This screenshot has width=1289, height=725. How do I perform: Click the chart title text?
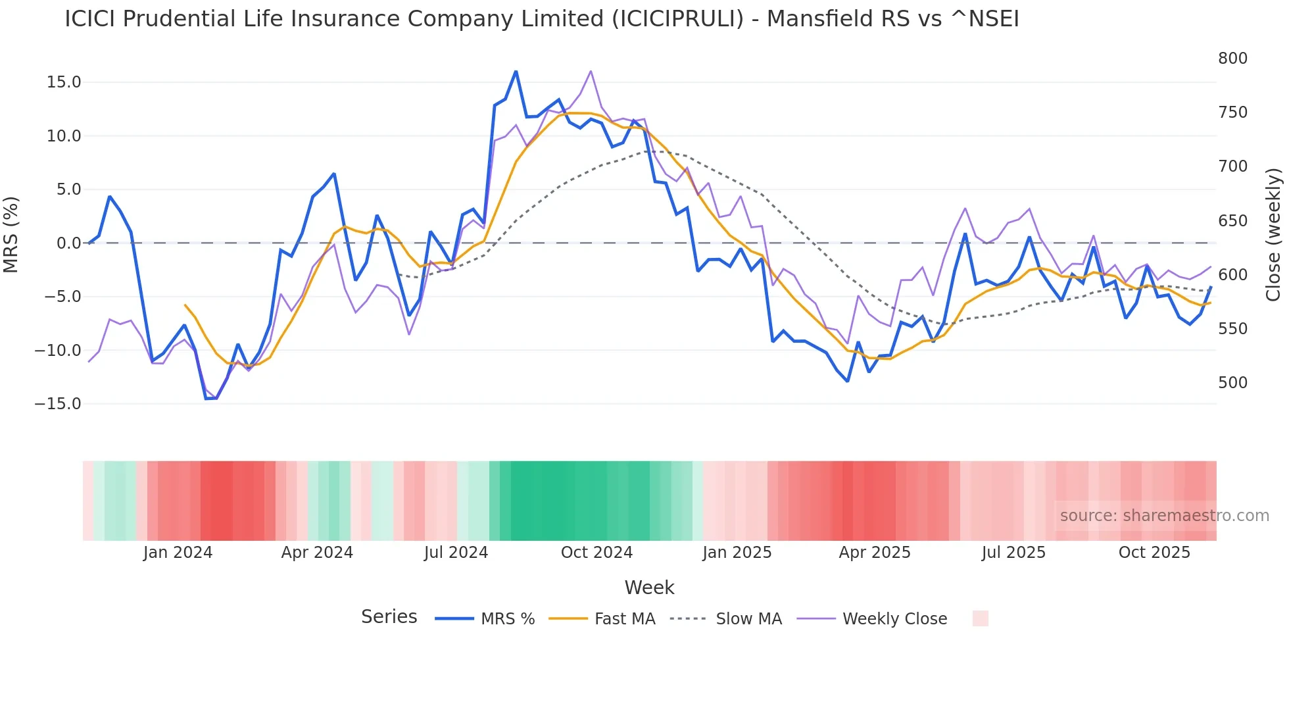(541, 19)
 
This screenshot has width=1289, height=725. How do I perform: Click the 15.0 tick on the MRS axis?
(64, 82)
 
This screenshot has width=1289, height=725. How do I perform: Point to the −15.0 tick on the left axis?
(58, 404)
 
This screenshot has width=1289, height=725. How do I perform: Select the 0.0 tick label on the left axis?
(69, 243)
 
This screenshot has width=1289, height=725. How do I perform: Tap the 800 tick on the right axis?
(1232, 59)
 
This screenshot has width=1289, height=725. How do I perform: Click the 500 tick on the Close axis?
(1232, 383)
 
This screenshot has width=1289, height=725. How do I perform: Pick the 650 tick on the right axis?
(1232, 221)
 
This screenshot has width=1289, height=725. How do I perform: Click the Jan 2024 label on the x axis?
(178, 553)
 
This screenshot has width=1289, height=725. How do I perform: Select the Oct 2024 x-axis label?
(596, 553)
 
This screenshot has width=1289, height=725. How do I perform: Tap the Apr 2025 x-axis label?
(875, 553)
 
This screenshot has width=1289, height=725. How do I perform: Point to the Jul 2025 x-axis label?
(1013, 553)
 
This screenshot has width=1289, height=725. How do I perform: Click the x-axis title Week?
(649, 587)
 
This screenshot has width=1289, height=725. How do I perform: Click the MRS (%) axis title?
(11, 235)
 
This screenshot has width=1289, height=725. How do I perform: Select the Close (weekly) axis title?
(1273, 235)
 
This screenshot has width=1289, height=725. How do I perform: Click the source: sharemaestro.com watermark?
(1164, 516)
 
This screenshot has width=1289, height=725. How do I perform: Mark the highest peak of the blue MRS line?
(516, 71)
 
